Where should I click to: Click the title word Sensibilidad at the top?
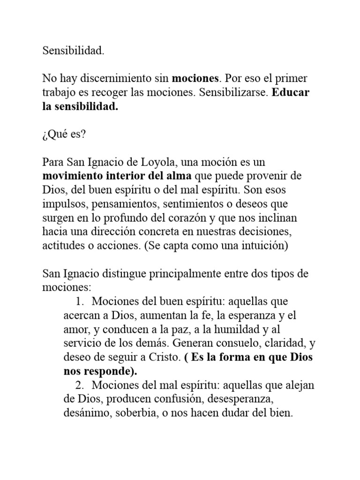click(73, 51)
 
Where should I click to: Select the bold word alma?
click(177, 176)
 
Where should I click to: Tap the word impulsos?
click(64, 204)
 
